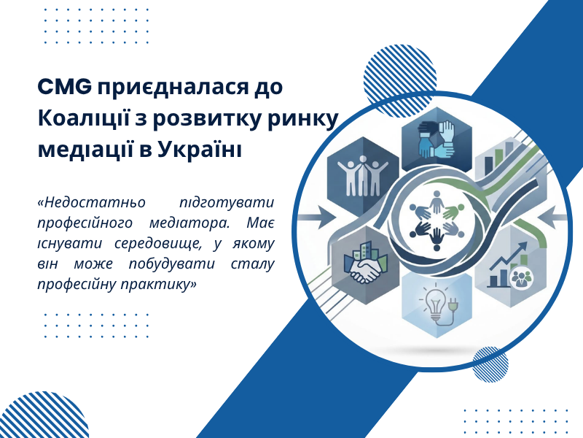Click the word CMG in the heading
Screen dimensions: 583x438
(65, 87)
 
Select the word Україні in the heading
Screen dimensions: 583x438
(199, 150)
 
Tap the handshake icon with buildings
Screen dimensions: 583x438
(366, 263)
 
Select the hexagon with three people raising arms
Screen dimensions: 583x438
(363, 175)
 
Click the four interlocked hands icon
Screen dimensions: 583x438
(436, 139)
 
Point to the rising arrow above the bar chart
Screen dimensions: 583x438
(509, 255)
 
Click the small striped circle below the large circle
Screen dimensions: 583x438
(490, 364)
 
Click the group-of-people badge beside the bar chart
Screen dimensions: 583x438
(521, 277)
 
